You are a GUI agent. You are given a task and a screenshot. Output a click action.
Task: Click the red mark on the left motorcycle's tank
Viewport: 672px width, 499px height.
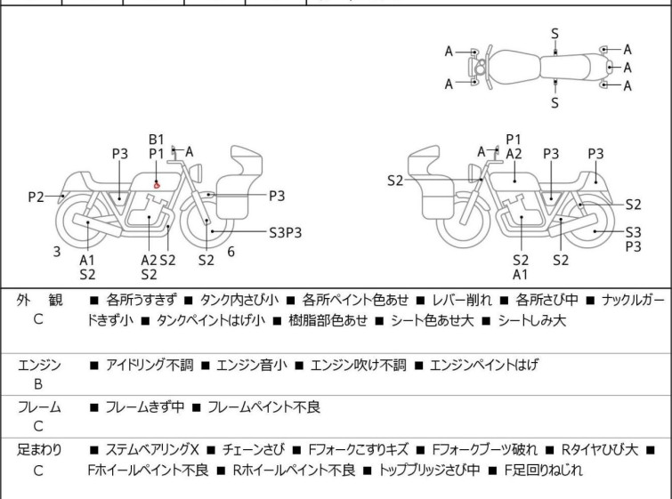tap(158, 184)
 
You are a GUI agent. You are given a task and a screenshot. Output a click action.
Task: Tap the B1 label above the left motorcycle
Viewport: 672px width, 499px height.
tap(157, 139)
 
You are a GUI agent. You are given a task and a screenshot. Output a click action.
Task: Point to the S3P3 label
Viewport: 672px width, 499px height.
tap(286, 232)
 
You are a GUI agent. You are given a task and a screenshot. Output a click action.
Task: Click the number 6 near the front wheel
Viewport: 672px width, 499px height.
tap(231, 252)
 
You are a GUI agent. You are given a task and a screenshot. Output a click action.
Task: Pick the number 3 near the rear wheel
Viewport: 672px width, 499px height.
tap(57, 252)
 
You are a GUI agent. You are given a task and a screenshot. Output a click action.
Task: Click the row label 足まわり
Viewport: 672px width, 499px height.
tap(39, 450)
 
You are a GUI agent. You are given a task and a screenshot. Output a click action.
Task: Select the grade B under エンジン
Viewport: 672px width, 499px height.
tap(38, 385)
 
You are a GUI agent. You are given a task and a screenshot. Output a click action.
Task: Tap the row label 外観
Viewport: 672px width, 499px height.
tap(38, 301)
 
